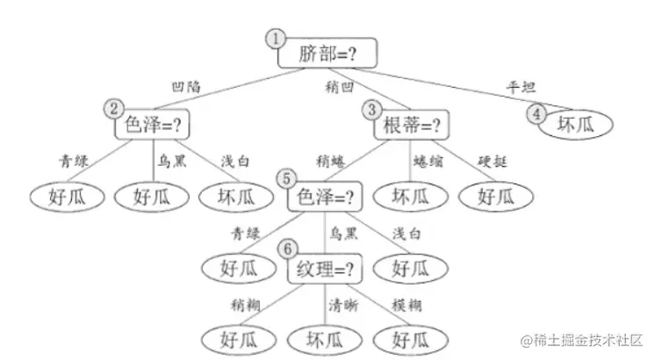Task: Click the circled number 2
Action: click(113, 109)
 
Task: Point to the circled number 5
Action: click(284, 178)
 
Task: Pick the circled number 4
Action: click(535, 113)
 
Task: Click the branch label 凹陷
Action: click(187, 86)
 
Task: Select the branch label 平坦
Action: click(522, 87)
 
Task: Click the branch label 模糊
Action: click(406, 305)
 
